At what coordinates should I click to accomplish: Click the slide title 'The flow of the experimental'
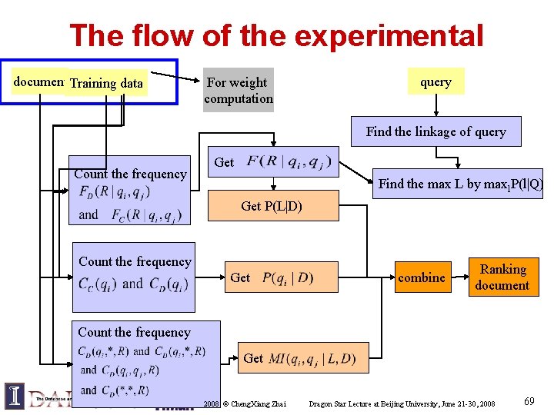276,35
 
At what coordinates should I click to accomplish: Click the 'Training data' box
107,83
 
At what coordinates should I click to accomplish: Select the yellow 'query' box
436,81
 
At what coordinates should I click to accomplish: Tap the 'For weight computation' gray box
238,91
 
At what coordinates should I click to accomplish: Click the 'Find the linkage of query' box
436,131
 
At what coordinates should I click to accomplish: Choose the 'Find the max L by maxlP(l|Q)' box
460,184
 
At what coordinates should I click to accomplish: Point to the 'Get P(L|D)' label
271,206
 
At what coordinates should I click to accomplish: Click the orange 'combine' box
422,277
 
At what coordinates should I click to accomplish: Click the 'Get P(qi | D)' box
272,277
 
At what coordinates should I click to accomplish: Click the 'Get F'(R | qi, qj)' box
274,162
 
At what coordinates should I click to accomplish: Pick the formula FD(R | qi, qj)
115,192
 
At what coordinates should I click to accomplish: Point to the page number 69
529,401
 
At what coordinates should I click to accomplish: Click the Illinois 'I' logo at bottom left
15,395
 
